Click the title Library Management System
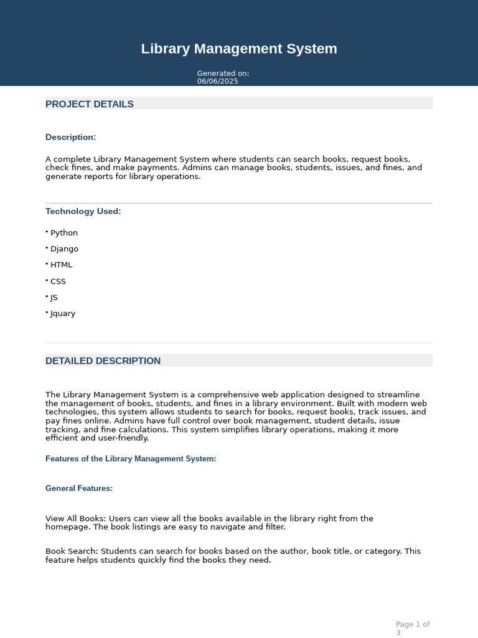point(239,49)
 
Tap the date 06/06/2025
point(217,82)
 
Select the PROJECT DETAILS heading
point(90,104)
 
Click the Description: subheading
point(71,137)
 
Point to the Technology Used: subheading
point(83,211)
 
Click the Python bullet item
point(64,233)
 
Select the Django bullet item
point(64,249)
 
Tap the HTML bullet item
point(61,265)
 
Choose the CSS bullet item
point(58,282)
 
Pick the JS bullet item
point(54,298)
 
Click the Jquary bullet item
point(63,314)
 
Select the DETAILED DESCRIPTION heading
point(103,361)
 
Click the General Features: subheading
point(79,488)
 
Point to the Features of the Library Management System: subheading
point(131,459)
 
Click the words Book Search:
point(72,551)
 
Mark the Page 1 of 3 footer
point(413,628)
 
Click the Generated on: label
point(223,74)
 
